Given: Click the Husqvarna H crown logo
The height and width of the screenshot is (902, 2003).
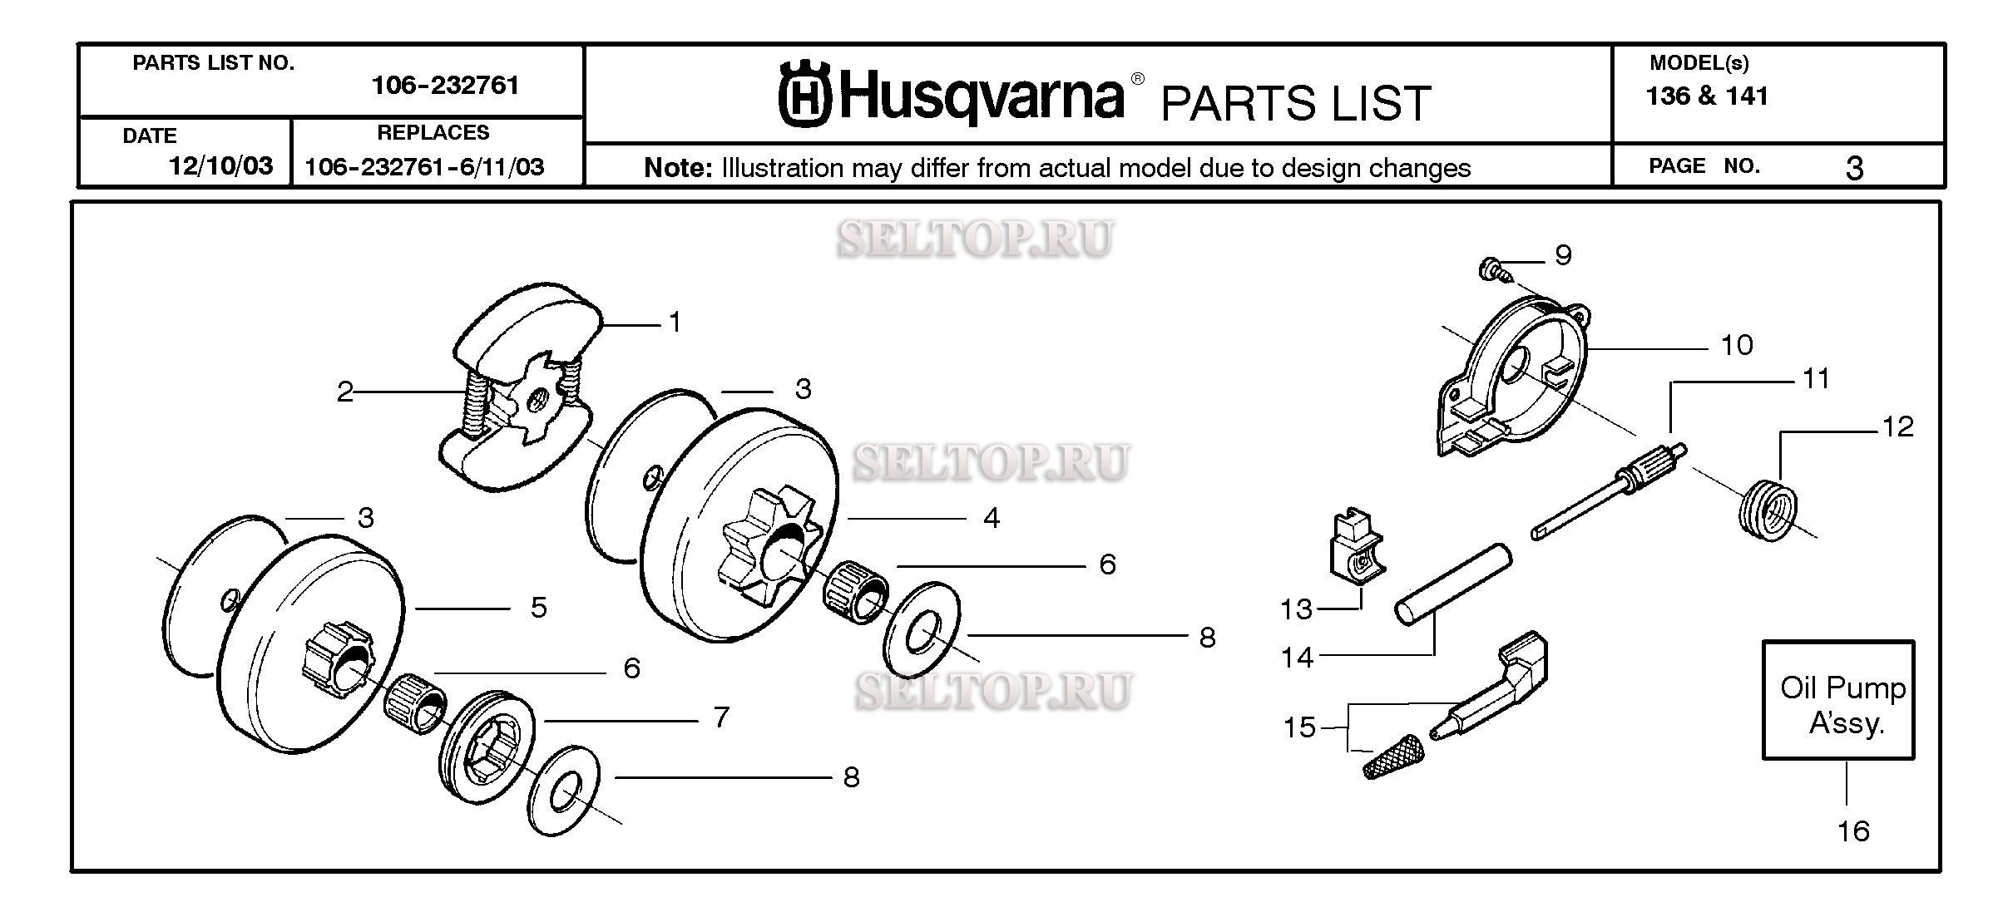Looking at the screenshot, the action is (x=804, y=96).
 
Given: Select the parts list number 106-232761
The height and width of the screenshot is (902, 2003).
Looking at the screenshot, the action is (x=445, y=86).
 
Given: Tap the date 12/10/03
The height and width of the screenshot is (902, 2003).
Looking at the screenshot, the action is (x=220, y=166).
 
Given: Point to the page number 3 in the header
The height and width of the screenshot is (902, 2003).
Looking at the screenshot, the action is (x=1854, y=169).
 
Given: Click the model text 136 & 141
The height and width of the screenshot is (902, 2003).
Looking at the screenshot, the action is (x=1707, y=96).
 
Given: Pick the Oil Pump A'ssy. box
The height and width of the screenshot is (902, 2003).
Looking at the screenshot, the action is (x=1838, y=700).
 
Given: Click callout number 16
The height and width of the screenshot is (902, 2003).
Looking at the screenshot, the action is (x=1852, y=831).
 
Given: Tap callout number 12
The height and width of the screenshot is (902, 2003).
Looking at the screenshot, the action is (x=1897, y=427).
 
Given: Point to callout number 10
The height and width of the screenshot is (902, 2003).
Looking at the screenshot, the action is (x=1736, y=345).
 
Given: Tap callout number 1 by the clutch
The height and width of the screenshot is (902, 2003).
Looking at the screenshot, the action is (x=675, y=323).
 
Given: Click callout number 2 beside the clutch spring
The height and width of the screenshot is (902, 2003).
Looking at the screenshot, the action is (x=345, y=392).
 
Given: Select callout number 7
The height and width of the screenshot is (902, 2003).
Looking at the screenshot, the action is (x=721, y=717).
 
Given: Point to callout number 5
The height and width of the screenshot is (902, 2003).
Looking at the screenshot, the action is (x=539, y=608).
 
